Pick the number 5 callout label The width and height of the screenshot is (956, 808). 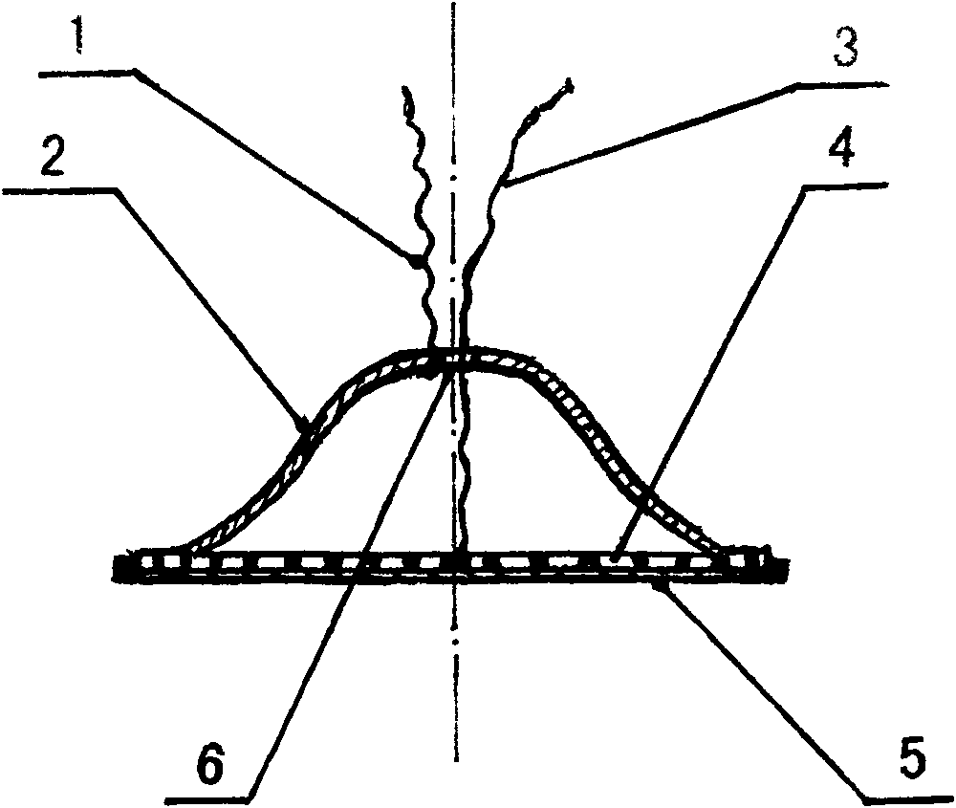point(909,759)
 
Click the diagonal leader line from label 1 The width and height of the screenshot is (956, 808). point(277,164)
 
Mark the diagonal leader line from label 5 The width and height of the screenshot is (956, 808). point(765,688)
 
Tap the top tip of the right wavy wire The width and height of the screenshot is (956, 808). point(570,84)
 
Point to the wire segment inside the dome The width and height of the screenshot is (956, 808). point(462,459)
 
